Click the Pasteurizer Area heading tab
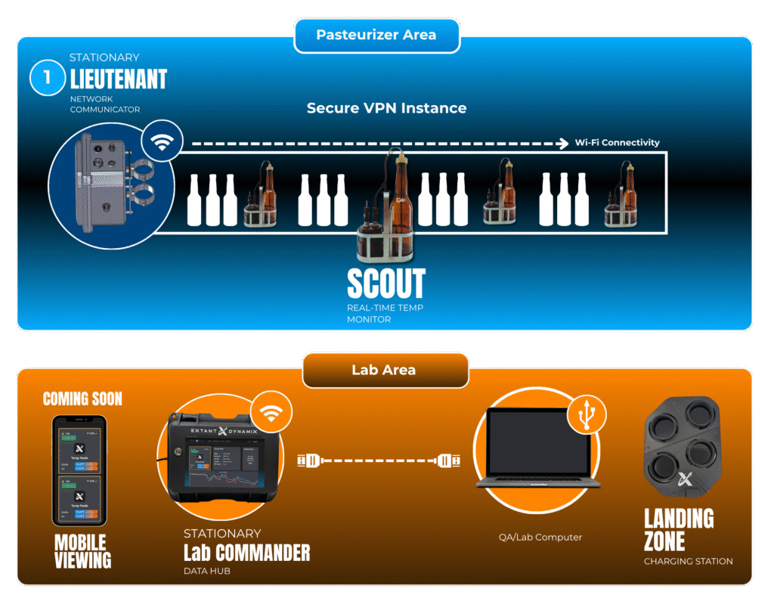pos(376,36)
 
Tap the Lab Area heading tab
pos(385,370)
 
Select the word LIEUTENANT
pos(118,79)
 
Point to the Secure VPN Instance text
pos(386,108)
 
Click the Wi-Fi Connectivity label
pos(617,142)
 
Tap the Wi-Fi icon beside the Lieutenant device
pos(161,140)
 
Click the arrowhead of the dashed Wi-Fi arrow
pos(563,142)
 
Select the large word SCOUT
pos(385,284)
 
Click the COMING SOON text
pos(82,398)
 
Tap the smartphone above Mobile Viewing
pos(79,469)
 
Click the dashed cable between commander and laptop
pos(375,459)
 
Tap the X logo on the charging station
pos(686,479)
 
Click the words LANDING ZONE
pos(679,529)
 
